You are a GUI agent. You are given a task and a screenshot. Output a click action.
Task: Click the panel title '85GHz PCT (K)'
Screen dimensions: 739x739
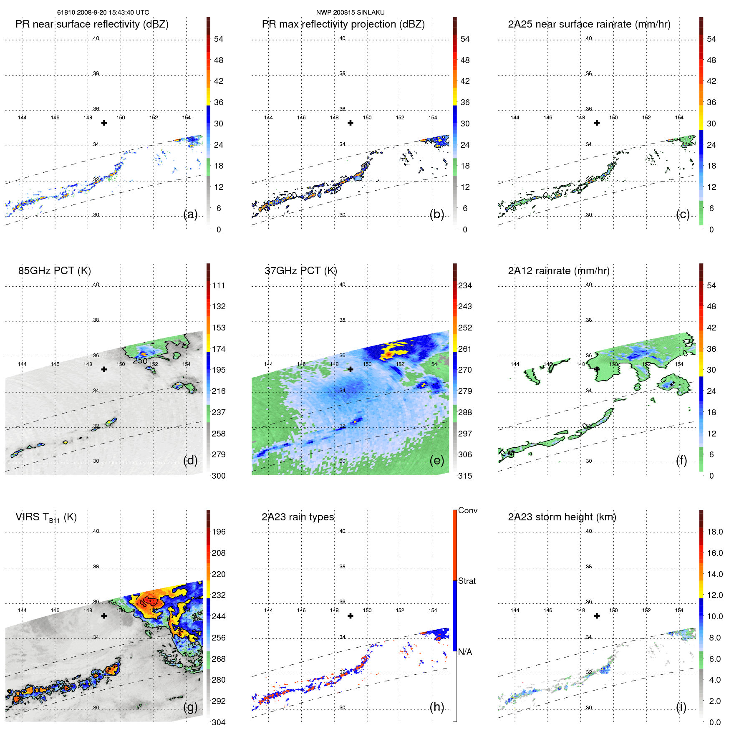pyautogui.click(x=54, y=271)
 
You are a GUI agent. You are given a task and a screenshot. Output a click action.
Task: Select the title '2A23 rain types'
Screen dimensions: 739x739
pyautogui.click(x=298, y=517)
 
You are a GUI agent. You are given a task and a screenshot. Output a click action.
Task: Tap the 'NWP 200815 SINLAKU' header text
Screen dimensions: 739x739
pyautogui.click(x=350, y=13)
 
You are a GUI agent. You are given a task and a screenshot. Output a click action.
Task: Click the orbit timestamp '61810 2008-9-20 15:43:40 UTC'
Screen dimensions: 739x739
pyautogui.click(x=103, y=13)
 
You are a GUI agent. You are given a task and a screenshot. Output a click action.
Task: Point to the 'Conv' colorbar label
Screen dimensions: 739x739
pyautogui.click(x=467, y=510)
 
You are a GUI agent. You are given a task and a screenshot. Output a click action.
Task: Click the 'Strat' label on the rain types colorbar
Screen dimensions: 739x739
pyautogui.click(x=467, y=581)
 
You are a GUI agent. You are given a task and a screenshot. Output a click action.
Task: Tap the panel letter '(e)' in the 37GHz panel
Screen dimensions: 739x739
pyautogui.click(x=437, y=460)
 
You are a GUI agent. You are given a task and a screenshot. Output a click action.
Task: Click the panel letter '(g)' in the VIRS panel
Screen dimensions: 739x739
pyautogui.click(x=191, y=707)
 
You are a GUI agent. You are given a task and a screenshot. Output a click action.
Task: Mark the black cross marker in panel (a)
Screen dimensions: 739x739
pyautogui.click(x=104, y=123)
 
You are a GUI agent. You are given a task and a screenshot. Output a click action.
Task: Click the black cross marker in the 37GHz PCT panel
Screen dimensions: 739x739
pyautogui.click(x=351, y=369)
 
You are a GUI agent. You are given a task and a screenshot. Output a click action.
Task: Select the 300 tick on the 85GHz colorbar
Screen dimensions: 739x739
pyautogui.click(x=218, y=476)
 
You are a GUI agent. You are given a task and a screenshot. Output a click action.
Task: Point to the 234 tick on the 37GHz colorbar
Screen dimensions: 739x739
pyautogui.click(x=465, y=285)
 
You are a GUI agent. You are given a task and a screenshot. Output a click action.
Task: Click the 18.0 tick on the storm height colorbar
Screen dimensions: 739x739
pyautogui.click(x=714, y=532)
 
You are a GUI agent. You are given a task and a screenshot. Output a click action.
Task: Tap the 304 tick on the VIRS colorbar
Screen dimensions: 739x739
pyautogui.click(x=218, y=722)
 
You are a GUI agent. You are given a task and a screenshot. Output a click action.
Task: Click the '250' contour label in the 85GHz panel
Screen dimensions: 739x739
pyautogui.click(x=140, y=361)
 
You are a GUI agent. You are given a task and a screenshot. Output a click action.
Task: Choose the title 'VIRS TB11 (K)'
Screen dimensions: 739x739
pyautogui.click(x=46, y=517)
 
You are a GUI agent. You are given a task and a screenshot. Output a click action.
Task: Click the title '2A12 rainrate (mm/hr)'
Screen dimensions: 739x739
pyautogui.click(x=559, y=271)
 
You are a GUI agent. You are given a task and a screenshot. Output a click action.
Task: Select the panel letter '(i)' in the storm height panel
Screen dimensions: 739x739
pyautogui.click(x=681, y=707)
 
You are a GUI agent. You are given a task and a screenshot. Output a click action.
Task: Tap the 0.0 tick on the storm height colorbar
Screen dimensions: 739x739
pyautogui.click(x=714, y=722)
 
